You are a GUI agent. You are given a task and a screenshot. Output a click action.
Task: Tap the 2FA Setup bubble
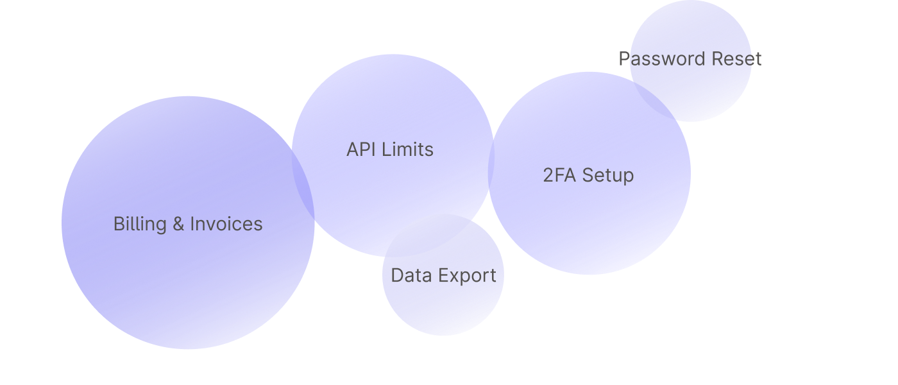point(589,218)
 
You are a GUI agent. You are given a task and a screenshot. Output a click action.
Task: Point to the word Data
point(410,276)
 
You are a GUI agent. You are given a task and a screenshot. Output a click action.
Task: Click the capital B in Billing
point(118,224)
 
